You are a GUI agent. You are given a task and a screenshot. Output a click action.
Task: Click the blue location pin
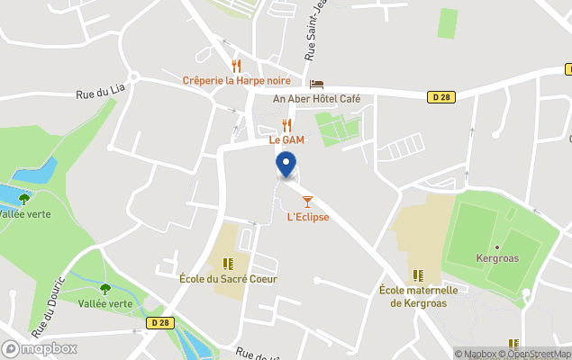(x=286, y=165)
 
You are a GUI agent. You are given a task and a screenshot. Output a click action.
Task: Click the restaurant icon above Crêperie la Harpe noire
(x=236, y=65)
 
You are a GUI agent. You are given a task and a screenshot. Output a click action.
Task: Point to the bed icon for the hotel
(x=316, y=84)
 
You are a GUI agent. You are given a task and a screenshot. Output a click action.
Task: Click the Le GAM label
(x=287, y=139)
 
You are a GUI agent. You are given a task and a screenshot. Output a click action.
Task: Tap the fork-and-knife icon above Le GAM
(x=286, y=124)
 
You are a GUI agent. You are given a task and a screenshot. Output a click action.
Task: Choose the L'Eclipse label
(x=307, y=217)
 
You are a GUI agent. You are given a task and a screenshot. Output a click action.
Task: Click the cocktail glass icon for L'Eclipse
(x=307, y=201)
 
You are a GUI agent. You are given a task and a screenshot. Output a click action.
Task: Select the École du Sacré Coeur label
(x=228, y=279)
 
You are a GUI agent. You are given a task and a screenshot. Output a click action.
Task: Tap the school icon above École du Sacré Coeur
(x=228, y=264)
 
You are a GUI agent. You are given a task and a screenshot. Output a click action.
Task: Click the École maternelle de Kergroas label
(x=418, y=296)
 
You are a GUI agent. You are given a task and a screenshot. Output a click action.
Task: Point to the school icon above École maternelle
(x=417, y=274)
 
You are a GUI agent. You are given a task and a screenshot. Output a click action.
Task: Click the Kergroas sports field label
(x=497, y=257)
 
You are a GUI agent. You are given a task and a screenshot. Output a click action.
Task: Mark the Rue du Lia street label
(x=99, y=93)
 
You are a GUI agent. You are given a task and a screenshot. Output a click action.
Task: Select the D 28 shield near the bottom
(x=161, y=322)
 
